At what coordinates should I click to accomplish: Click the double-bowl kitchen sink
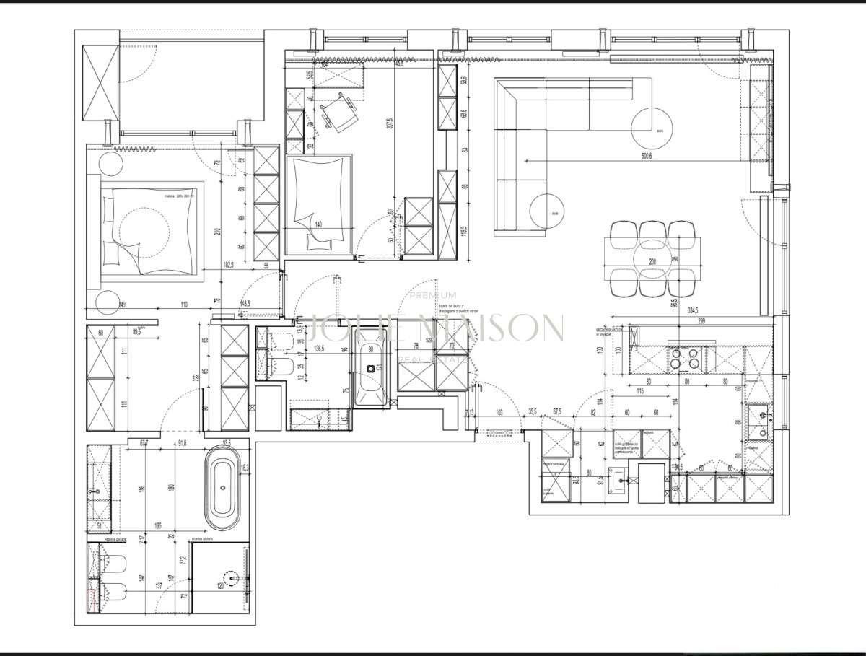[x=760, y=421]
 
